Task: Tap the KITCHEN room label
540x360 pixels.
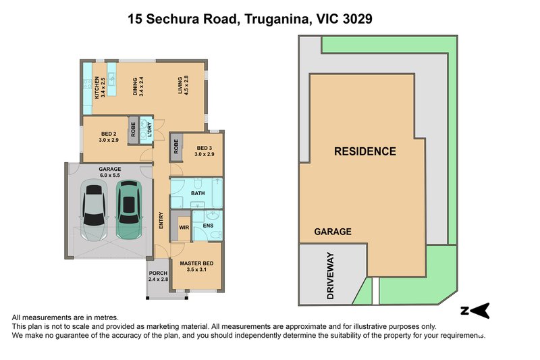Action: (x=99, y=87)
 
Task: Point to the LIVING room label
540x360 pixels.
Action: (x=182, y=87)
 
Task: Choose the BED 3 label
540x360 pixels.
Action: (x=205, y=151)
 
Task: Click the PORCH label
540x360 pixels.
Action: (x=158, y=276)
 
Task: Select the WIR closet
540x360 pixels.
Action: (x=183, y=228)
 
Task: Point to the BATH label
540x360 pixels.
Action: (x=198, y=193)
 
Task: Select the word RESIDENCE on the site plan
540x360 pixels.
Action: (x=365, y=151)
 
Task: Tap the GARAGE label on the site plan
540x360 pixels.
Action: (x=333, y=232)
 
